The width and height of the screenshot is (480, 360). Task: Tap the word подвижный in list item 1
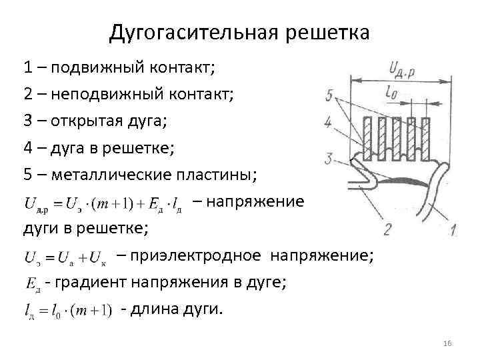(x=96, y=67)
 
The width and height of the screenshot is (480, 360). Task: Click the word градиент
(x=92, y=282)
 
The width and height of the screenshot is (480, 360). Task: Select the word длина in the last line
(x=156, y=309)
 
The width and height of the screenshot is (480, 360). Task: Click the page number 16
(x=447, y=343)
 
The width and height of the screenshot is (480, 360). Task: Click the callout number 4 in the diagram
(x=328, y=123)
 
